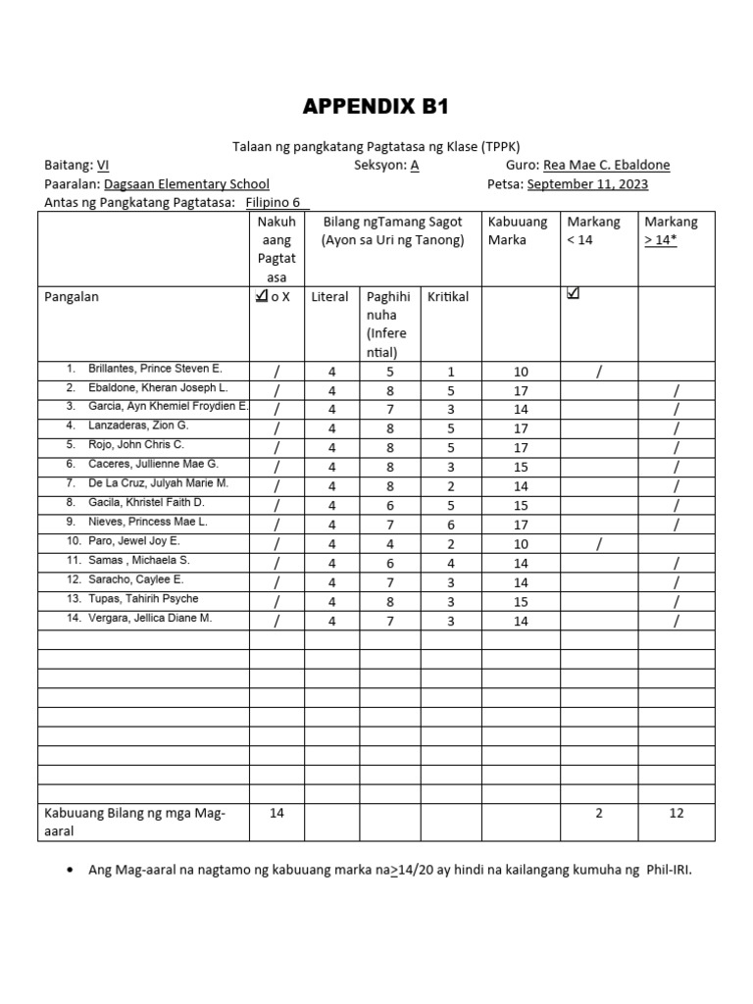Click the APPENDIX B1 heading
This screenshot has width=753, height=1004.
(x=376, y=107)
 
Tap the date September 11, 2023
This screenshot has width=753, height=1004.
(x=586, y=183)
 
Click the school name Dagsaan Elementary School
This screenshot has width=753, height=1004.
(x=186, y=183)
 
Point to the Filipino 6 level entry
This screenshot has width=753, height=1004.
(x=276, y=202)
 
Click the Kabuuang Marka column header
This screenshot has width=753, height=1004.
(x=518, y=230)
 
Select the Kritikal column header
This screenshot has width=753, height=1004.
(x=447, y=296)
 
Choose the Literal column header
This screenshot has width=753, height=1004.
(x=329, y=296)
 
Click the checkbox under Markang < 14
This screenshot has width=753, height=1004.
(x=574, y=293)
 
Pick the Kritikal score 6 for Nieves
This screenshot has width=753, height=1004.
(x=450, y=525)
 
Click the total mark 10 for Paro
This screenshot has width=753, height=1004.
(x=521, y=544)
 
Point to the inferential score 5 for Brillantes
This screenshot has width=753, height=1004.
(x=389, y=372)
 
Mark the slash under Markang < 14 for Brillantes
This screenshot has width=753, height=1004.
(x=598, y=372)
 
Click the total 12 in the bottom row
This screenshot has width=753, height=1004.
(x=677, y=813)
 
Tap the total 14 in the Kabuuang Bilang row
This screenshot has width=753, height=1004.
(x=276, y=813)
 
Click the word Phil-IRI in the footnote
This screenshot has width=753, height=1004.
(x=668, y=869)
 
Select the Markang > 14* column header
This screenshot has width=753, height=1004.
(x=671, y=230)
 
